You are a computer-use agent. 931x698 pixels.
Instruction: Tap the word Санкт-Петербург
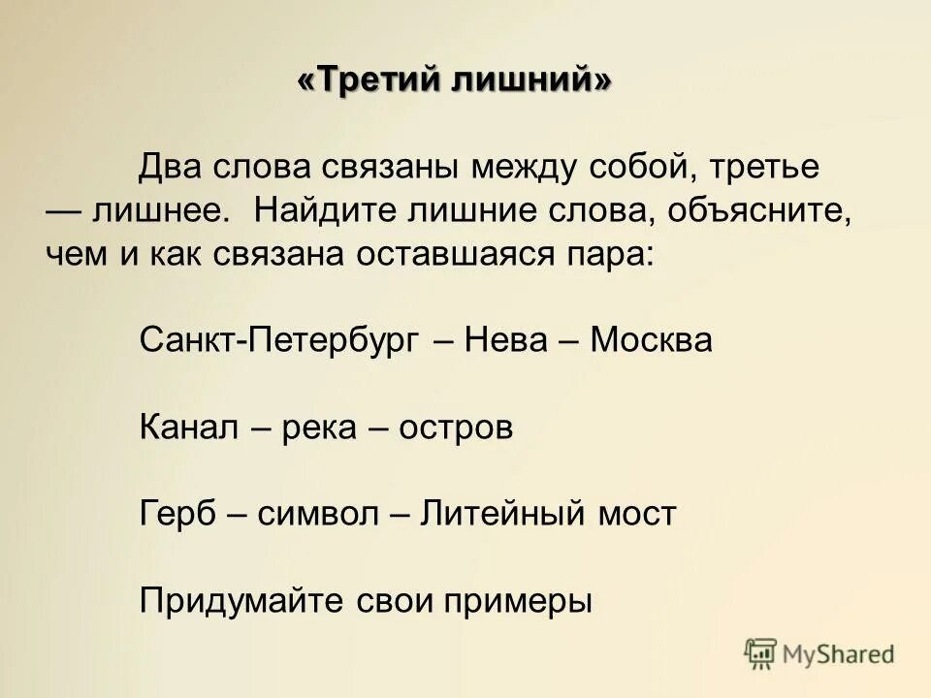coord(279,340)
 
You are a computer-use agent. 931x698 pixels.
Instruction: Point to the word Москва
coord(652,340)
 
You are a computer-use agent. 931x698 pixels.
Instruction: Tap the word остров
coord(454,428)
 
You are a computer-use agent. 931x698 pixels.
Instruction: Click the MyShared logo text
coord(839,654)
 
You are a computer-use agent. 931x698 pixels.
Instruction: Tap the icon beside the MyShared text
coord(761,653)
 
